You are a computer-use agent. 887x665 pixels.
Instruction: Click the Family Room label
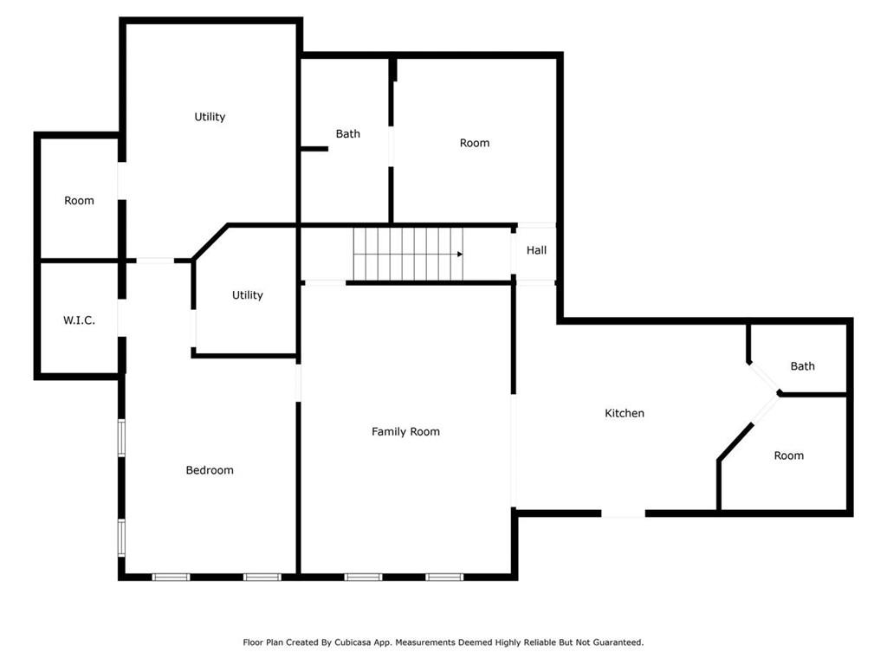(405, 431)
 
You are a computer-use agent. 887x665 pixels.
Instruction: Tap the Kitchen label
(625, 413)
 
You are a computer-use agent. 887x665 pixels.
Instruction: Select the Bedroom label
(210, 470)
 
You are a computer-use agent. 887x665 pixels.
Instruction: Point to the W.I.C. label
(79, 320)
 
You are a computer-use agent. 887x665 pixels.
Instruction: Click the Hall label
(536, 250)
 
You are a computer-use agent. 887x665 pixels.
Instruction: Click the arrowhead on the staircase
(460, 255)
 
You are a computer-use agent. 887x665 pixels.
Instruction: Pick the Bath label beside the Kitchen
(802, 366)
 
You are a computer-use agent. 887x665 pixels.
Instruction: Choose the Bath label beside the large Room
(348, 133)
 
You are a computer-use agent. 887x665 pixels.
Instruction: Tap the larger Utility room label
(210, 117)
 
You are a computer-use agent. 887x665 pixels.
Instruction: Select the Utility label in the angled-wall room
(247, 294)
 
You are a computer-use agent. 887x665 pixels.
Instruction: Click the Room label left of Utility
(79, 200)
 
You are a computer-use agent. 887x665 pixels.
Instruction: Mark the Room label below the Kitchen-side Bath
(788, 455)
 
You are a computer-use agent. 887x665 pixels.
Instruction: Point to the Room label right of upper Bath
(475, 143)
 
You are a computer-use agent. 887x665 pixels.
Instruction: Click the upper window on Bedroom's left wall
(121, 437)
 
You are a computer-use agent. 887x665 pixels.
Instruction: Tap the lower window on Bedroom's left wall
(121, 539)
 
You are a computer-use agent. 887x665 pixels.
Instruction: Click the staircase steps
(409, 254)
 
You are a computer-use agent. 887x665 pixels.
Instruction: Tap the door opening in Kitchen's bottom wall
(623, 513)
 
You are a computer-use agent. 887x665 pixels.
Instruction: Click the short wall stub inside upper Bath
(314, 149)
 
